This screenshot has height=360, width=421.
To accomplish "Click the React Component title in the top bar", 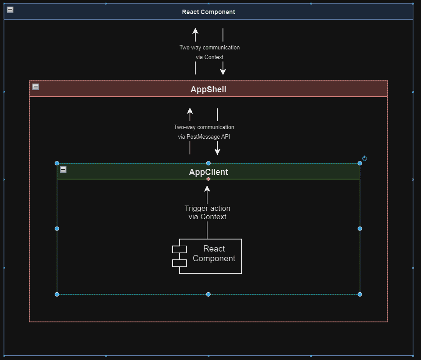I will (209, 12).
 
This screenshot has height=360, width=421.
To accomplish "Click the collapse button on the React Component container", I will (10, 10).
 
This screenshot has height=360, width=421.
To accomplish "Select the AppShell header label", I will (209, 90).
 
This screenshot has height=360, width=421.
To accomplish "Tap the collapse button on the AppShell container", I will (36, 87).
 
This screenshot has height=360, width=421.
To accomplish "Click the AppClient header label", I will (209, 172).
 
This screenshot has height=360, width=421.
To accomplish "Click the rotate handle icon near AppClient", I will (365, 158).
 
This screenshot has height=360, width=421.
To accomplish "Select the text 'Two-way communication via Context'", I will (209, 52).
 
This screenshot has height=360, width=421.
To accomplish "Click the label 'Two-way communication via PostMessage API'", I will (204, 132).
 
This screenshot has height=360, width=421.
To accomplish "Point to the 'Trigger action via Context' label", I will (207, 213).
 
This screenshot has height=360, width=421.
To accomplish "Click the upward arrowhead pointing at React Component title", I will (195, 31).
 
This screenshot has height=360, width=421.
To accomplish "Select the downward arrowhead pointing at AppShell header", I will (223, 71).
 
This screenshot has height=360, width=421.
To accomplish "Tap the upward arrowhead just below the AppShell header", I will (190, 111).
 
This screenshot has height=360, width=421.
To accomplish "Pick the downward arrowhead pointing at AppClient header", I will (217, 151).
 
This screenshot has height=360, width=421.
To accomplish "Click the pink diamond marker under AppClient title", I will (209, 179).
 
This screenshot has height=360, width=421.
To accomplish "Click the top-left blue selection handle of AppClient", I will (57, 163).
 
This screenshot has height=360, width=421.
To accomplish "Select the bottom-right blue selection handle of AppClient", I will (360, 294).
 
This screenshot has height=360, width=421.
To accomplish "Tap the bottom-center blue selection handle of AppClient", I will (209, 294).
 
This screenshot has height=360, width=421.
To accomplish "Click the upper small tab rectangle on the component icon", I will (179, 249).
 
